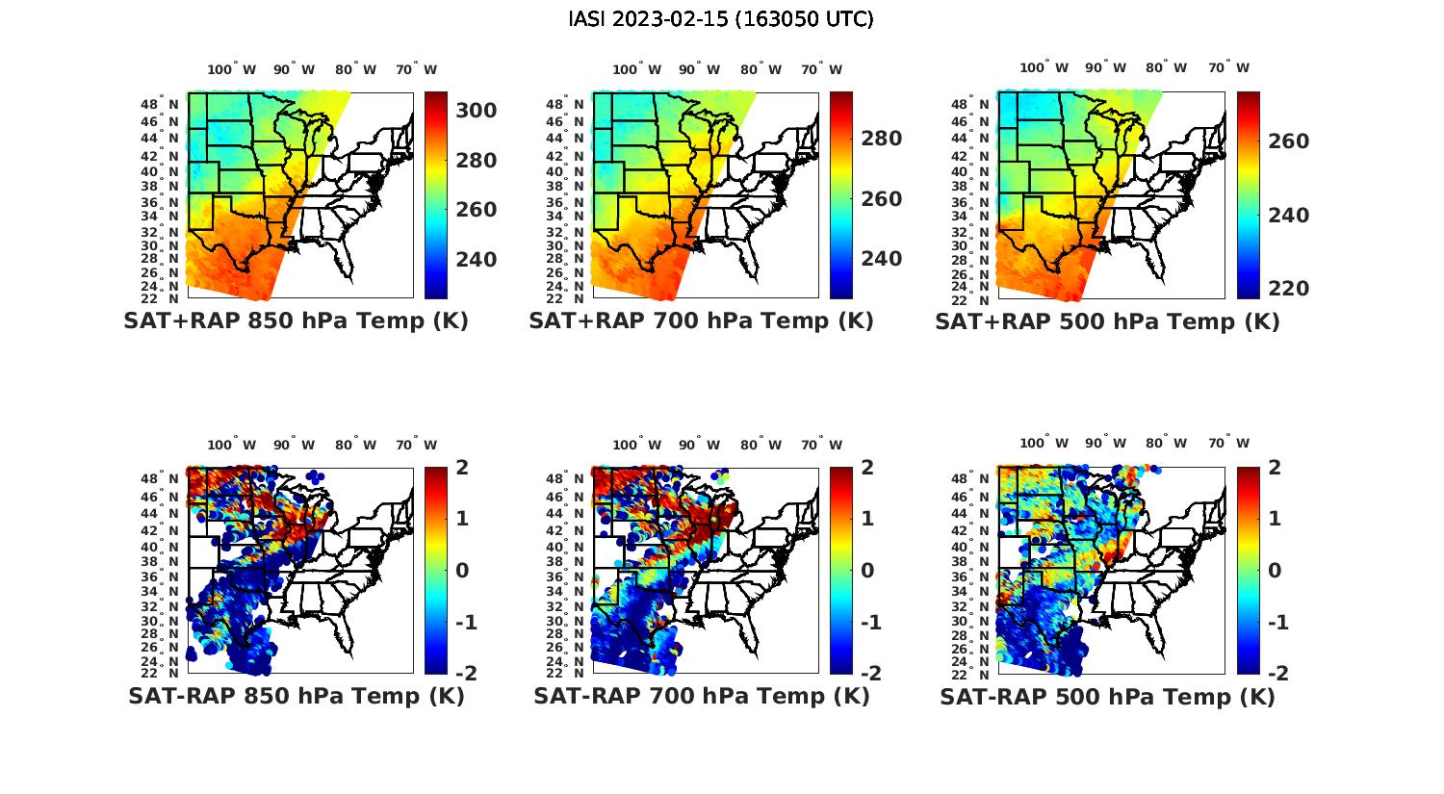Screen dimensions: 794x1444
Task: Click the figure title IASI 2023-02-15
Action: (721, 19)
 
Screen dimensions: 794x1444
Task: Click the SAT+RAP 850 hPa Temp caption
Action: (296, 320)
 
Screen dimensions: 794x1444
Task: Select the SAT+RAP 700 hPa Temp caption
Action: (701, 320)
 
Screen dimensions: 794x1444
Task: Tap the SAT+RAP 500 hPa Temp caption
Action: (1107, 321)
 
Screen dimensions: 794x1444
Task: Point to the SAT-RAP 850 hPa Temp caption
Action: (296, 696)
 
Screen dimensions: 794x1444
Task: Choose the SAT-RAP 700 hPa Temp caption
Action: (701, 696)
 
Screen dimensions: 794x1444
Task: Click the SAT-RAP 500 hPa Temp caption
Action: (1107, 697)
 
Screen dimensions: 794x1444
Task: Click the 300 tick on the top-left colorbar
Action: (477, 111)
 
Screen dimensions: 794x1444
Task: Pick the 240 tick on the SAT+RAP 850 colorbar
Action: (477, 260)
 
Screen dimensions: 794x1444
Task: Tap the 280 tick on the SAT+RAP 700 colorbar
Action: (882, 139)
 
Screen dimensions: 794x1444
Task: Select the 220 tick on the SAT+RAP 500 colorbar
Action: (1288, 289)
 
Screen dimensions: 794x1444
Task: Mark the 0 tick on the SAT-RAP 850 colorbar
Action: (461, 570)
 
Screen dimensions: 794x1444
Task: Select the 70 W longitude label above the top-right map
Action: (1229, 68)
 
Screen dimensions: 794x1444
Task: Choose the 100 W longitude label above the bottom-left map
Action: (232, 445)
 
